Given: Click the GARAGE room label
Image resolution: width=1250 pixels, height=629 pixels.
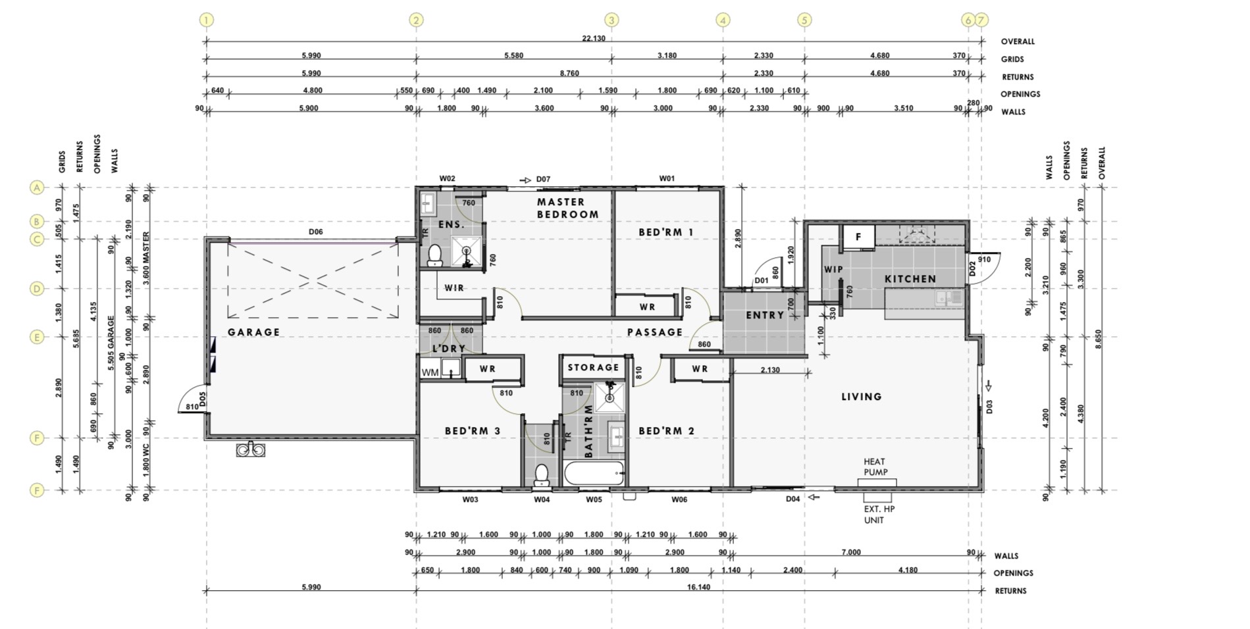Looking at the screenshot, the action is [253, 332].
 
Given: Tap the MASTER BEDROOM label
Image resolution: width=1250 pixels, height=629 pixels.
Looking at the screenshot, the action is [567, 208].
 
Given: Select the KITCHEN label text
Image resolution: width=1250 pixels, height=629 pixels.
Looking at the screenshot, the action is [910, 279].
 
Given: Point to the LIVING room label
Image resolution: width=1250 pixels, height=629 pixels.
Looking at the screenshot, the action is [861, 397].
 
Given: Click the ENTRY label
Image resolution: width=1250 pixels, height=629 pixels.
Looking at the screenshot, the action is [765, 315].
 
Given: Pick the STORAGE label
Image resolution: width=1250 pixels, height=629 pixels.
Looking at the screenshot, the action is [593, 367].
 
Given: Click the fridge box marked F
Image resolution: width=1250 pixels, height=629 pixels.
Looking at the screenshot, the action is [858, 237].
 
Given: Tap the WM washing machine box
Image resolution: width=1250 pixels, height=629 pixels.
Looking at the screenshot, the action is [430, 372].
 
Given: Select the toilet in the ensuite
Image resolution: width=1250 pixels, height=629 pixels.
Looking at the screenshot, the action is [434, 255].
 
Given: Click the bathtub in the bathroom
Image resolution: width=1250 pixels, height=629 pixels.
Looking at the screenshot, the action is [594, 474].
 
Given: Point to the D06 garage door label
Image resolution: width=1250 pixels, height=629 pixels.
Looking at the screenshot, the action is [316, 232].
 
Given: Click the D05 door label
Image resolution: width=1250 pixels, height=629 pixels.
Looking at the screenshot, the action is [203, 399].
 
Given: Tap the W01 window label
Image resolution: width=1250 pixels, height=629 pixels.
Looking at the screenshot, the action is [667, 178].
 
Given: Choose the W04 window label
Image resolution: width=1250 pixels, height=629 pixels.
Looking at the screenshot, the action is [542, 499].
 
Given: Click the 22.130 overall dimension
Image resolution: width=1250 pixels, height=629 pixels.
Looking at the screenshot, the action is [593, 38].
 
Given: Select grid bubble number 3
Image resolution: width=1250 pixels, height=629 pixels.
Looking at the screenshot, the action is [612, 20].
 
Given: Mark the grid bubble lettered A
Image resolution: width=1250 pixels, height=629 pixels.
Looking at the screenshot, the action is [37, 188].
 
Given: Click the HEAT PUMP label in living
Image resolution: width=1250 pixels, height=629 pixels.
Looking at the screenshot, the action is [875, 466].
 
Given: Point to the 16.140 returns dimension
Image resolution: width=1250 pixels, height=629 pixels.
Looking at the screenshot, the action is [698, 587].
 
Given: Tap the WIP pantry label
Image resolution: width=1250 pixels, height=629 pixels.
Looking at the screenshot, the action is [833, 269].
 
